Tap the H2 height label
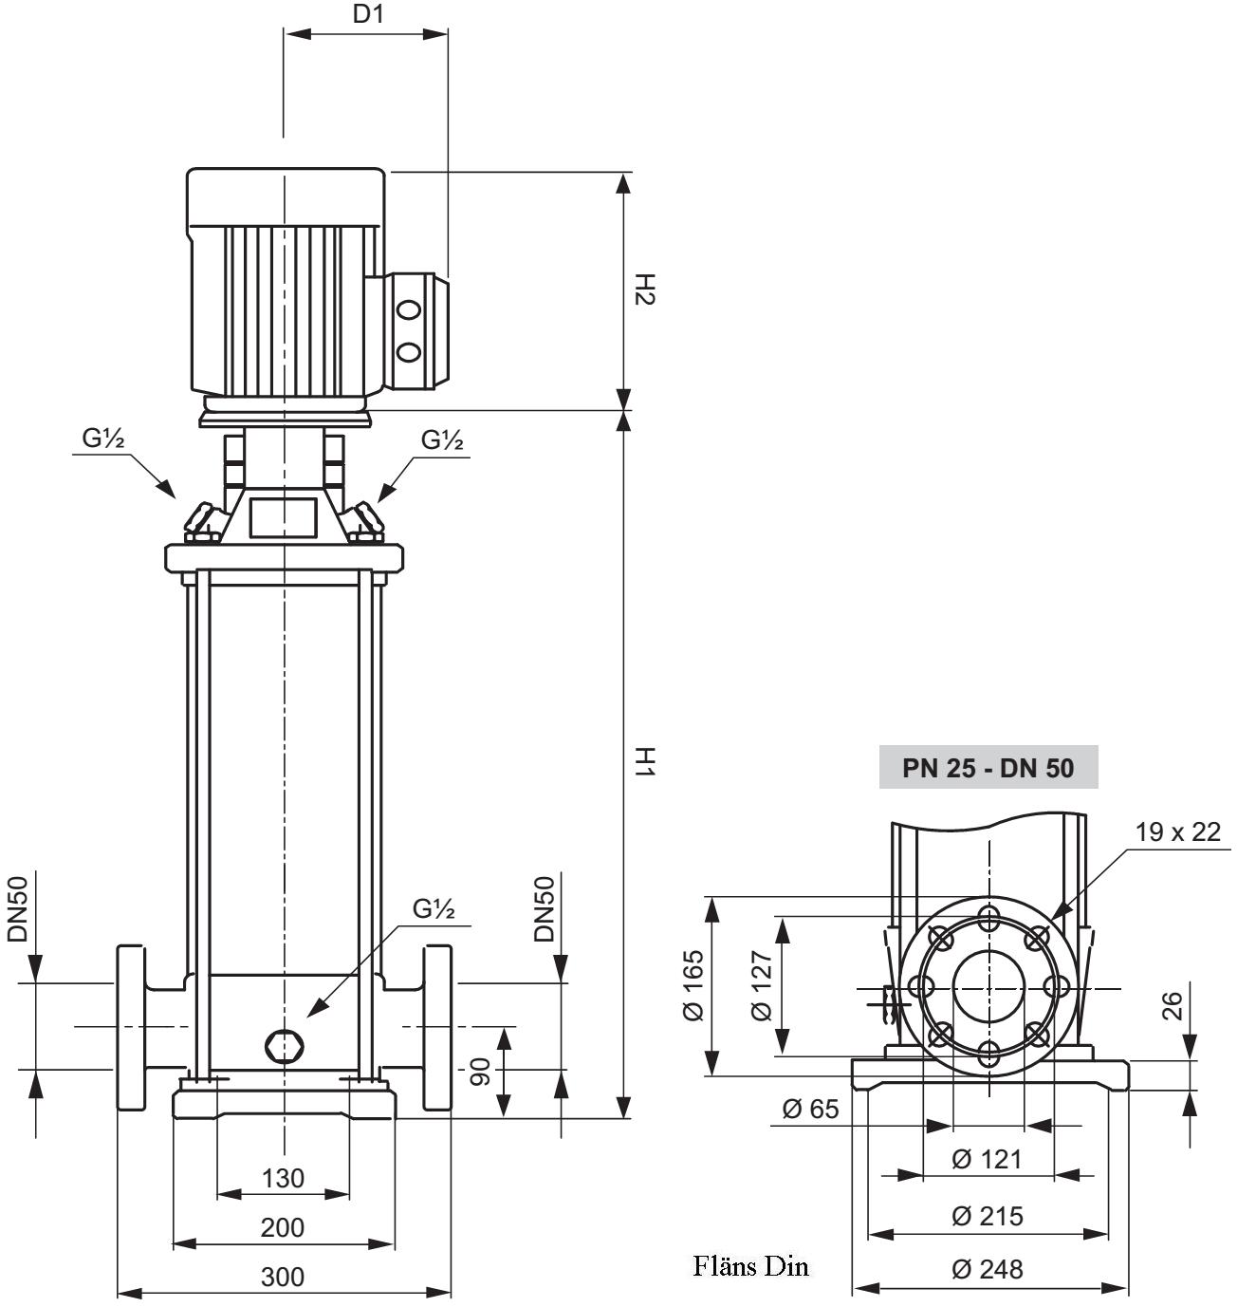click(644, 289)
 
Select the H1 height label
click(644, 762)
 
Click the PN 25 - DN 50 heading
click(988, 767)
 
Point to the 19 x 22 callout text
click(1177, 832)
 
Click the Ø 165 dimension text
click(693, 985)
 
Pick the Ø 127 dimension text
click(762, 985)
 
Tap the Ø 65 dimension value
click(810, 1108)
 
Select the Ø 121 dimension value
click(987, 1159)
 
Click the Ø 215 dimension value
click(987, 1216)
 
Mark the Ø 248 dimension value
click(987, 1269)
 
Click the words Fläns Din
click(750, 1266)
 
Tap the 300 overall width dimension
click(283, 1277)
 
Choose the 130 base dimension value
click(283, 1178)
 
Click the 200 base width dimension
click(283, 1227)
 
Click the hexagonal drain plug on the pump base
click(284, 1045)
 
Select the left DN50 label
click(18, 909)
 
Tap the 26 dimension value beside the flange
click(1173, 1005)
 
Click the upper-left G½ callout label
click(104, 438)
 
